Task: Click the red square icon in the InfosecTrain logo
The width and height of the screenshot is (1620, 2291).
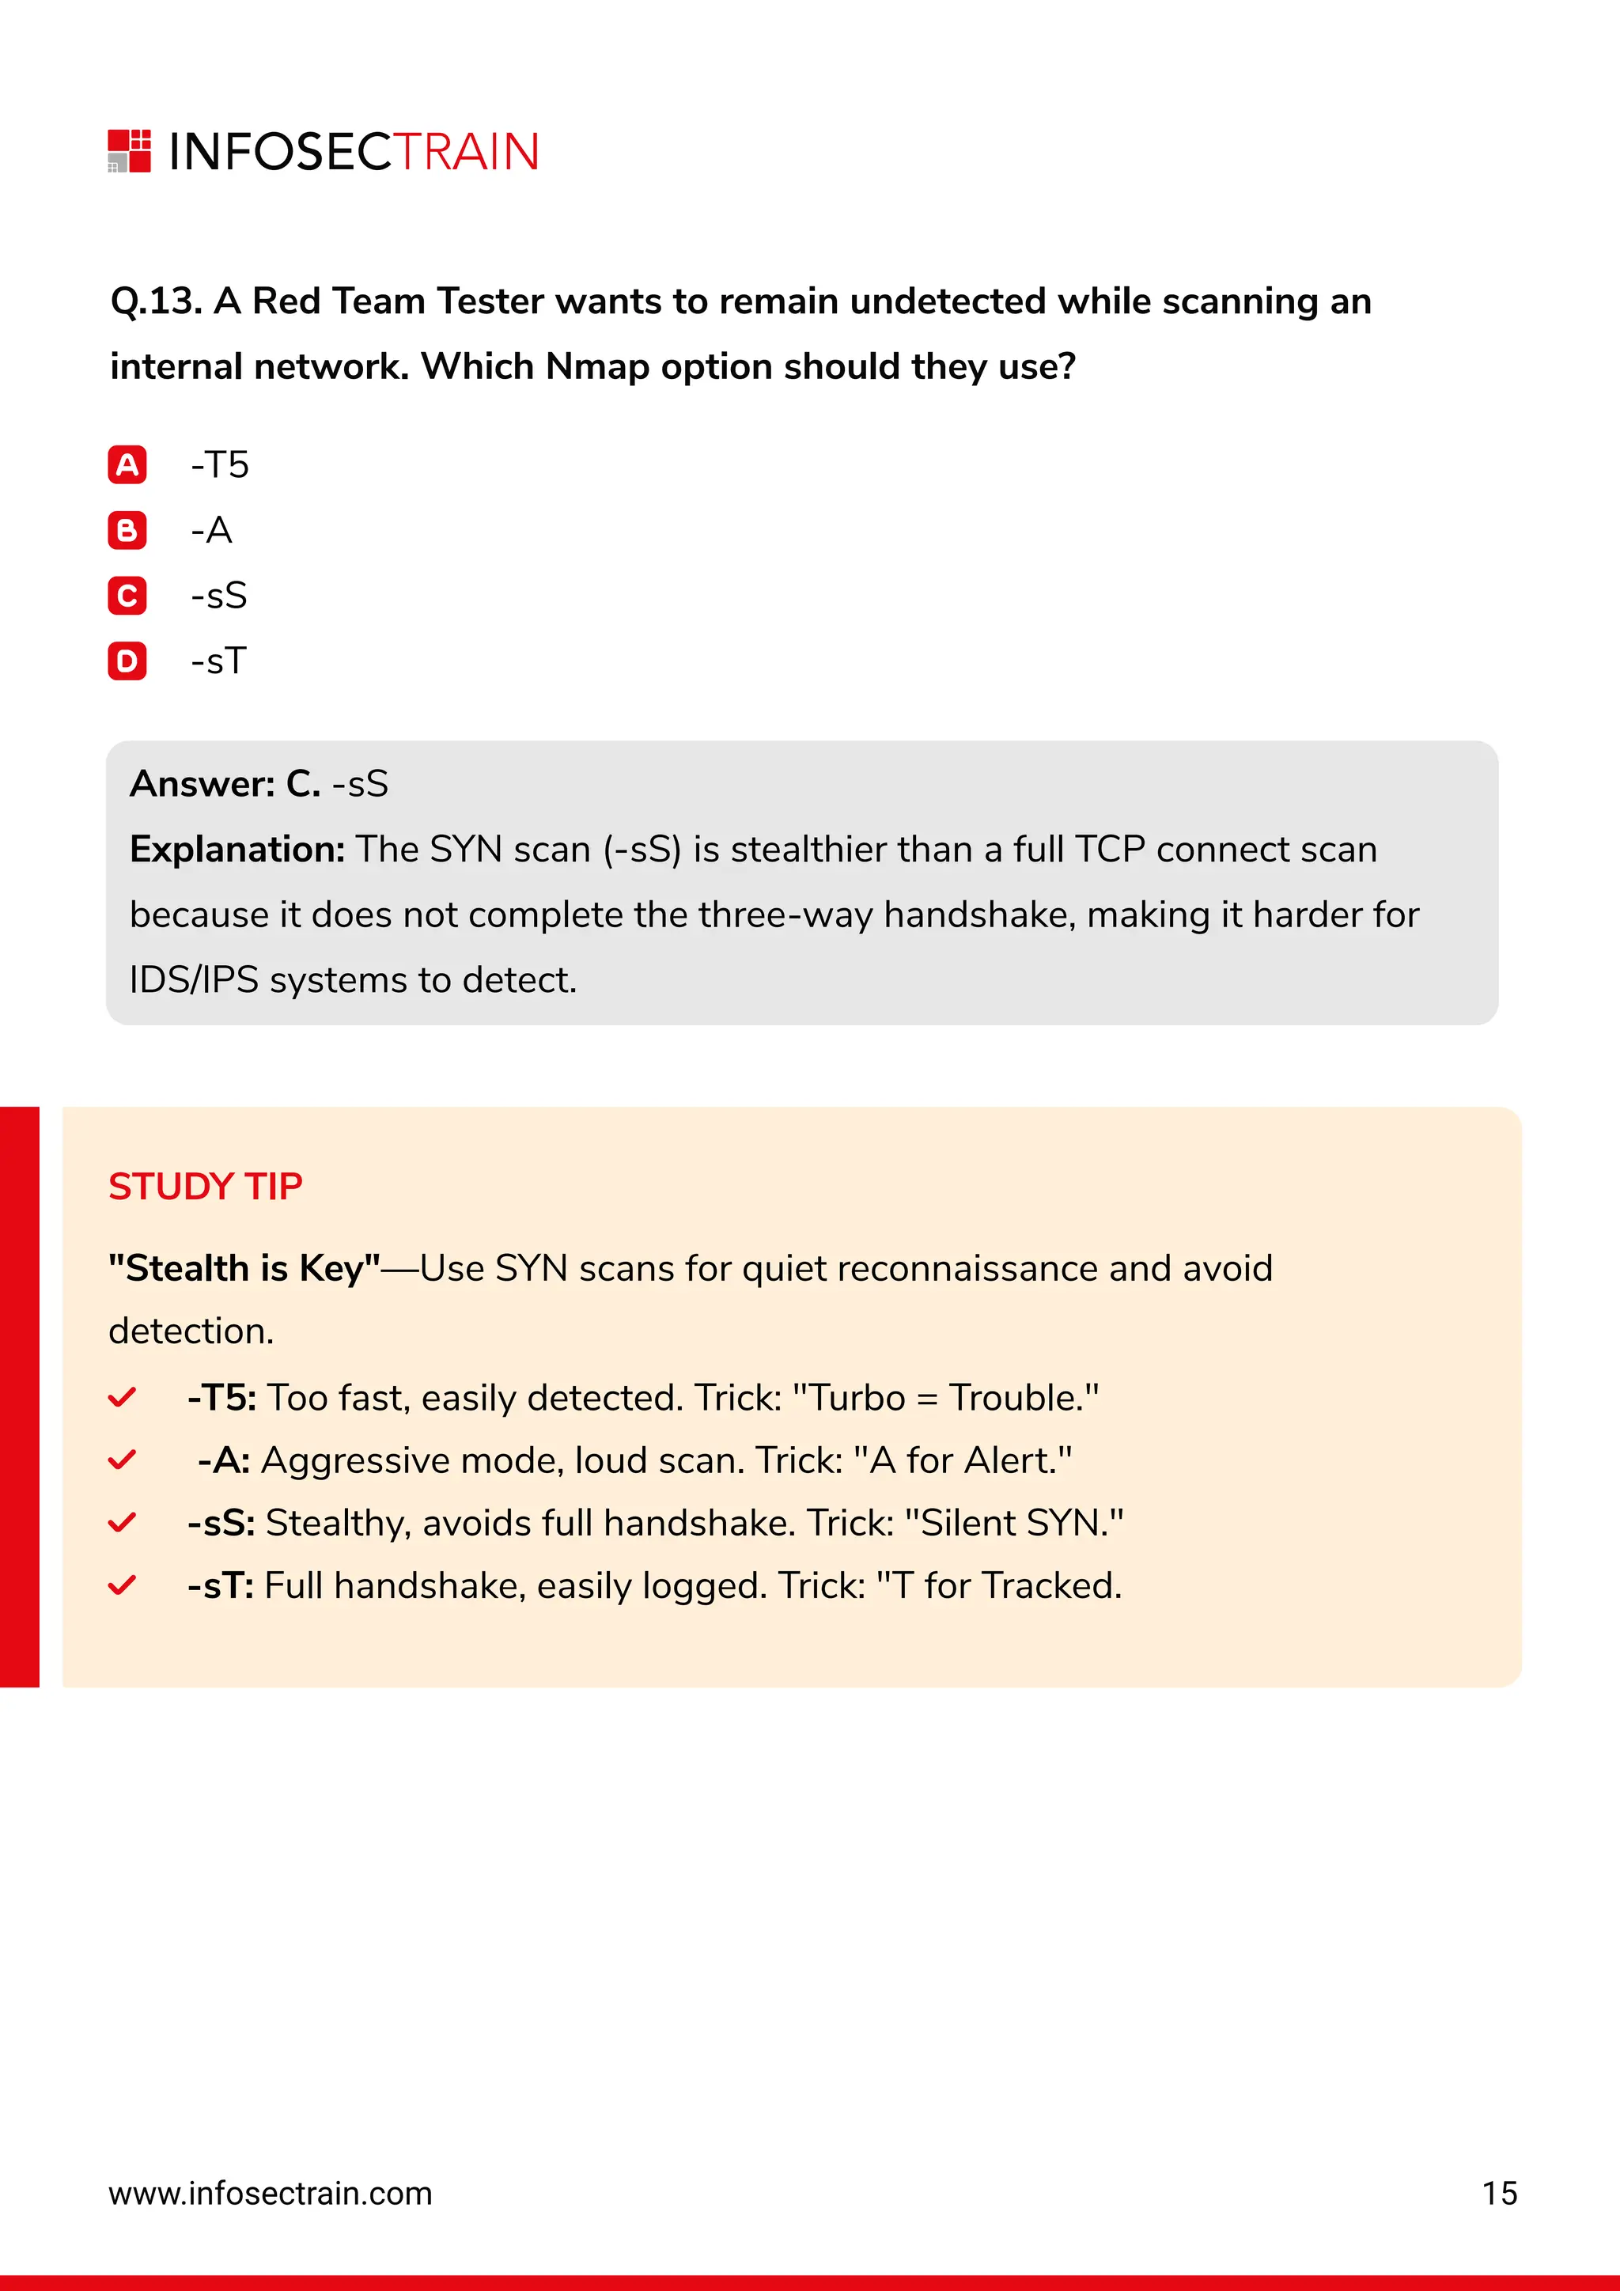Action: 130,150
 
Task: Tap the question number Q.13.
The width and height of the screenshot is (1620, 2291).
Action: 156,301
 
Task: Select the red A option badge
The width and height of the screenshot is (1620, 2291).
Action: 127,465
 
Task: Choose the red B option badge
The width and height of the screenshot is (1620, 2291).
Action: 127,531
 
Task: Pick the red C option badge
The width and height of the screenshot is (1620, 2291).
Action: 127,596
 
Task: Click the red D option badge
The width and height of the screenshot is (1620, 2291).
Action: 127,661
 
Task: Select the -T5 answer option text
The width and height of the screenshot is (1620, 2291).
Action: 219,465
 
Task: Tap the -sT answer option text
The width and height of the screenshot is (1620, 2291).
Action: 218,661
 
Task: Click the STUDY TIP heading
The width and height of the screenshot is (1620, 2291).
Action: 206,1187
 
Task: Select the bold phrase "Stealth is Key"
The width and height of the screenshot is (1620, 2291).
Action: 244,1268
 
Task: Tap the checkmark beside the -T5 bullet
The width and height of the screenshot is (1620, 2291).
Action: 122,1397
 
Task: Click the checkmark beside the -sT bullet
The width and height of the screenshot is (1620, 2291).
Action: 122,1585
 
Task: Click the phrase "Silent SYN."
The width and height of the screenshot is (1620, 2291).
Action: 1015,1523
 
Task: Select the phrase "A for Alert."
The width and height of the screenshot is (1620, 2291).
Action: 963,1461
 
